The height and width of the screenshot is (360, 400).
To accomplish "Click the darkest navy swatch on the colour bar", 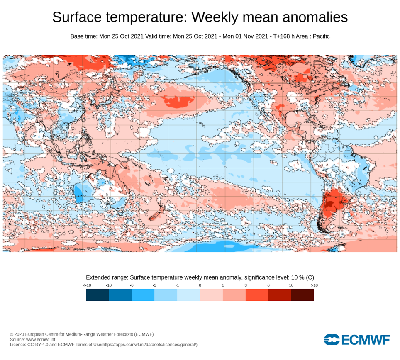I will (x=97, y=295).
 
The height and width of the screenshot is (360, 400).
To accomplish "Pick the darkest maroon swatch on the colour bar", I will (x=302, y=295).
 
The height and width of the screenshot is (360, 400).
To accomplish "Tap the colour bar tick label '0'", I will (x=200, y=285).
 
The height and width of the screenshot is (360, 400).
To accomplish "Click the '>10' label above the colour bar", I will (x=314, y=285).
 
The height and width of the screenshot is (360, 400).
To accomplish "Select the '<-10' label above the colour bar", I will (x=87, y=285).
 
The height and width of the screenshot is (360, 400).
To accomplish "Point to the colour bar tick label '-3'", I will (x=154, y=285).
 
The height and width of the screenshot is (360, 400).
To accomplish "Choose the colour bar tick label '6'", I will (x=268, y=285).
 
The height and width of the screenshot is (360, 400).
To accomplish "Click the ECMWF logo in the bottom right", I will (x=357, y=340).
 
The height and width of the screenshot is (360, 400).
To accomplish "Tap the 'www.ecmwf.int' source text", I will (x=39, y=339).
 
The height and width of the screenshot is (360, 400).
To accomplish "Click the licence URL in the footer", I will (x=149, y=345).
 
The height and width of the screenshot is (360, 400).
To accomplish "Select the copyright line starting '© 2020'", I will (x=82, y=334).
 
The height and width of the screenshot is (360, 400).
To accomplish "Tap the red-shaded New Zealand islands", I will (x=155, y=212).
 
